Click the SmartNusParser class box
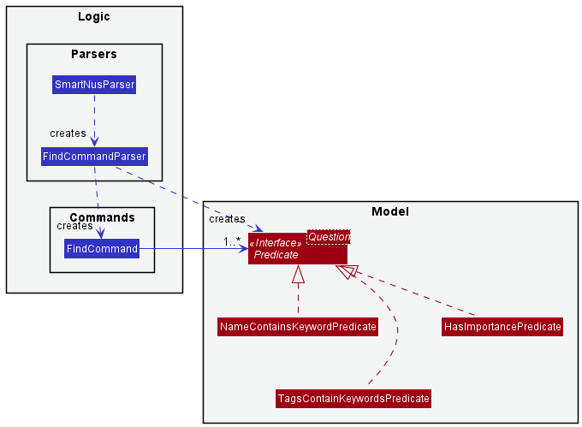[94, 85]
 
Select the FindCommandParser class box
[94, 157]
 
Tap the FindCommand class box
[102, 249]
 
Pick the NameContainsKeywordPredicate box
[298, 327]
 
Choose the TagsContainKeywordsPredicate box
[353, 399]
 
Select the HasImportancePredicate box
[502, 327]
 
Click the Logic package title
[94, 16]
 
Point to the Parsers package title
[94, 54]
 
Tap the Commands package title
[102, 217]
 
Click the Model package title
[390, 211]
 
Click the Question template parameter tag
[329, 236]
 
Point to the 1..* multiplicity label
[232, 241]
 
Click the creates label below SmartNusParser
[68, 133]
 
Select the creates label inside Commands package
[74, 227]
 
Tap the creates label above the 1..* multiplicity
[227, 220]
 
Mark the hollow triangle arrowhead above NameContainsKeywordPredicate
[298, 274]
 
